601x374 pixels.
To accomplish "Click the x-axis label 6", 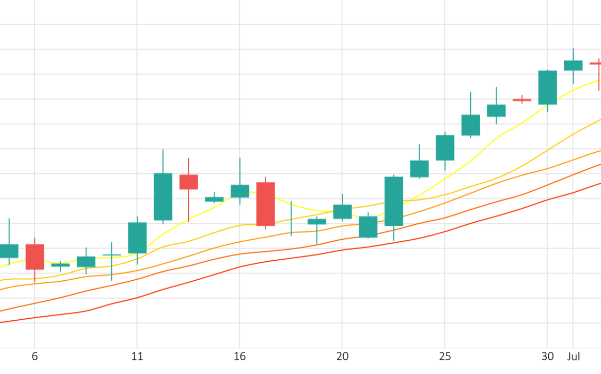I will (x=35, y=357).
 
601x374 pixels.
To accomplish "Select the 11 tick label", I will (x=137, y=357).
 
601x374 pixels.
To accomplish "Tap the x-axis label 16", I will (x=239, y=357).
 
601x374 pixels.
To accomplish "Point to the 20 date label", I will (x=342, y=357).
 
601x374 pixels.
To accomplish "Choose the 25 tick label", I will (x=445, y=357).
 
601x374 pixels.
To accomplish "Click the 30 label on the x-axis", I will (x=547, y=357).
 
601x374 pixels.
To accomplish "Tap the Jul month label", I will (x=573, y=357).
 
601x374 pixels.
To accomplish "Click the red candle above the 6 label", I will (x=35, y=257).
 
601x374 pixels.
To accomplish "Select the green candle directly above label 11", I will (x=137, y=238).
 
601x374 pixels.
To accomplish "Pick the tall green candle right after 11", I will (x=163, y=196).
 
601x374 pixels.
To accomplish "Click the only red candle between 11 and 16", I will (x=189, y=182).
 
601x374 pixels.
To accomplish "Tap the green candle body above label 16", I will (x=240, y=191).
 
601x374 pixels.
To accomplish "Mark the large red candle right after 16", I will (x=266, y=204).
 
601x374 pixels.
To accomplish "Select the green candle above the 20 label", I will (x=342, y=212).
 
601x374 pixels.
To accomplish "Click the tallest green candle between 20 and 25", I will (x=394, y=201).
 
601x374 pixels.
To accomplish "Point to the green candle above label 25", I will (x=445, y=147).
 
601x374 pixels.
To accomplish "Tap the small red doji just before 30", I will (x=522, y=100).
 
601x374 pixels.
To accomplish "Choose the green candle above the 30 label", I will (x=547, y=87).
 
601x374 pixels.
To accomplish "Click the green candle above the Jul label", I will (x=573, y=65).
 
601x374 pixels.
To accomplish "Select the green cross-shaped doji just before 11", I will (x=112, y=255).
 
